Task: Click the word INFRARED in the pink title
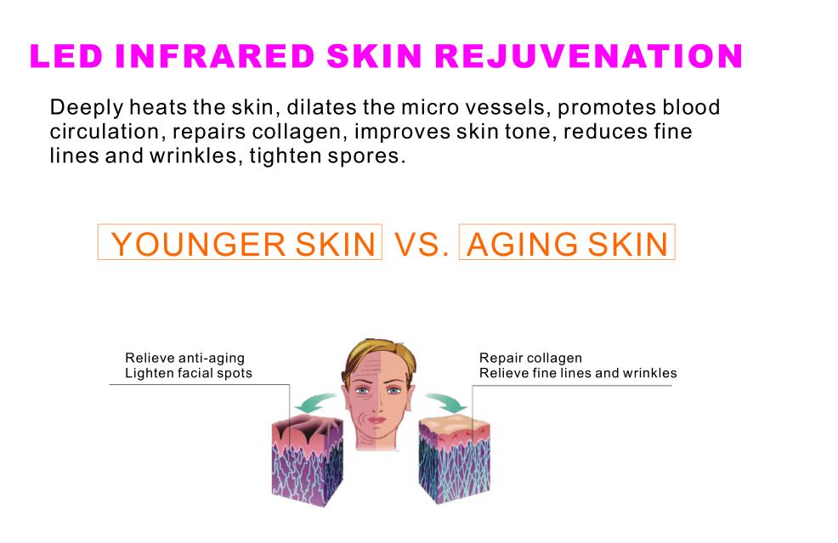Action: click(215, 56)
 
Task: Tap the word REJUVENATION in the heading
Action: click(589, 56)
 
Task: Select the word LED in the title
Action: click(66, 56)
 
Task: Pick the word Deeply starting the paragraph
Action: click(87, 108)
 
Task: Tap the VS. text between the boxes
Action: click(422, 244)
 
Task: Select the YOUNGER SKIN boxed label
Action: click(240, 243)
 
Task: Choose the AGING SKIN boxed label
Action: click(567, 243)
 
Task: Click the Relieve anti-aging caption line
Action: click(185, 358)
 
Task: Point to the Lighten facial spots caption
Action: click(189, 373)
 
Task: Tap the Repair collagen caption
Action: click(530, 358)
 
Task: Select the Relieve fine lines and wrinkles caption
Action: click(578, 373)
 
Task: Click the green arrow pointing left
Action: click(315, 403)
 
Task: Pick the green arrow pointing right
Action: click(445, 403)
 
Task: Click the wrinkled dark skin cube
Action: click(308, 461)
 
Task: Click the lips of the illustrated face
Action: click(377, 421)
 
